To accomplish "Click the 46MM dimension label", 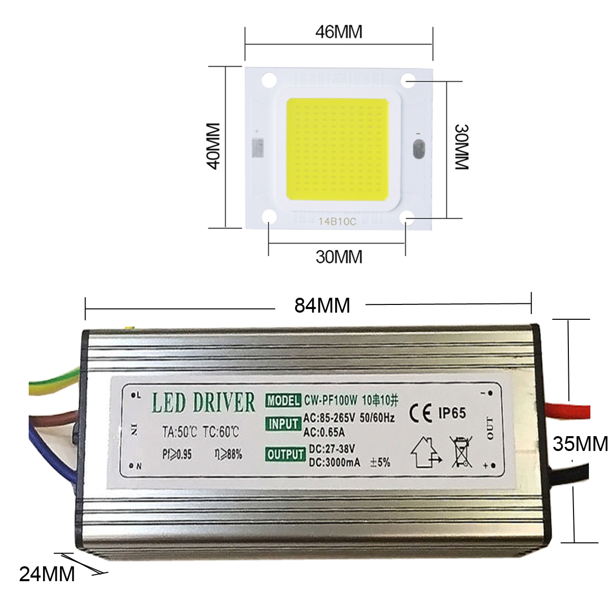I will point(339,32).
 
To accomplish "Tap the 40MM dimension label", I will point(212,146).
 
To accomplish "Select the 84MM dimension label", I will point(322,305).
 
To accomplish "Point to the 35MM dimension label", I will point(580,443).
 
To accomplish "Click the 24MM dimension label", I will point(47,574).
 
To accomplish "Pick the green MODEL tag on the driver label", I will point(283,400).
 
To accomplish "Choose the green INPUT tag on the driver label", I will point(283,424).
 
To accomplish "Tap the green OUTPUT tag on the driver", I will point(285,455).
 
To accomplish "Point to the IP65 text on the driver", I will point(452,413).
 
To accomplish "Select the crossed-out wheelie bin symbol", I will point(461,451).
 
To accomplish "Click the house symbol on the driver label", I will point(424,452).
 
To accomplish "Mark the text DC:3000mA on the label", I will point(334,463).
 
